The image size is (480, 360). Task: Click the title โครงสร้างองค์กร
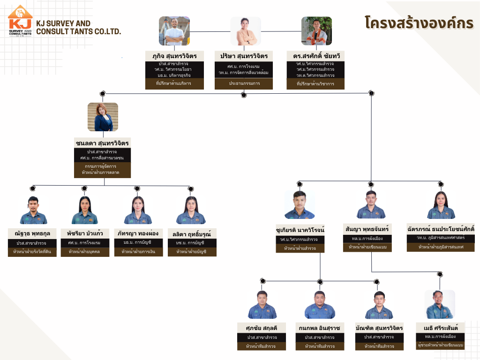(x=419, y=23)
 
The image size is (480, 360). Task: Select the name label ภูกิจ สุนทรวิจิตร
(x=174, y=56)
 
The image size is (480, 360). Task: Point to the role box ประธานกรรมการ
(x=244, y=83)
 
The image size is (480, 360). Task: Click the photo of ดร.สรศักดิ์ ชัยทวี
(x=316, y=31)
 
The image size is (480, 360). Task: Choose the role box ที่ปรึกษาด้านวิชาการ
(x=315, y=83)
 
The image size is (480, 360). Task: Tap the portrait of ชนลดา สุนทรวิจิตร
(x=103, y=117)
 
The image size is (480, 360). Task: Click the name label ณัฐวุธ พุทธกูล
(x=32, y=233)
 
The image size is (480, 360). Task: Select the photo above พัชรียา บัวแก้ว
(x=84, y=210)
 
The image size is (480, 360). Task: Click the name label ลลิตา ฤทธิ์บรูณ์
(x=192, y=233)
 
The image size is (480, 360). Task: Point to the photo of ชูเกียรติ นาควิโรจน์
(x=300, y=205)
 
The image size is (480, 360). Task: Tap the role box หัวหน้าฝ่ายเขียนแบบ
(x=371, y=247)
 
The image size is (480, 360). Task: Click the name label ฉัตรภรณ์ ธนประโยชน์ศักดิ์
(x=441, y=229)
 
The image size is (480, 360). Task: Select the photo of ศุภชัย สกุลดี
(x=262, y=305)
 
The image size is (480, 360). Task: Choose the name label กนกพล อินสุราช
(x=320, y=327)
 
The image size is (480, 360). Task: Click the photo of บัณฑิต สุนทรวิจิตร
(x=379, y=305)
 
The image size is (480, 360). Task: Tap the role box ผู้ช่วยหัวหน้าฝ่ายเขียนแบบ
(x=441, y=345)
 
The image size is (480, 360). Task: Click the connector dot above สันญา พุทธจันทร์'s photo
(x=371, y=184)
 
